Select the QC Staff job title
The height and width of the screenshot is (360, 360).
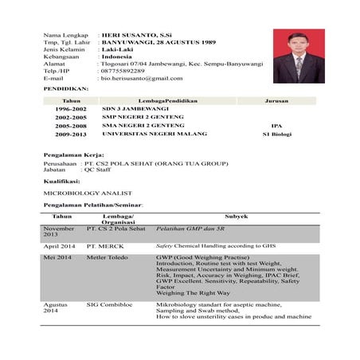[97, 169]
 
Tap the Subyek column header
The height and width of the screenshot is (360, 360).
[236, 216]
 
